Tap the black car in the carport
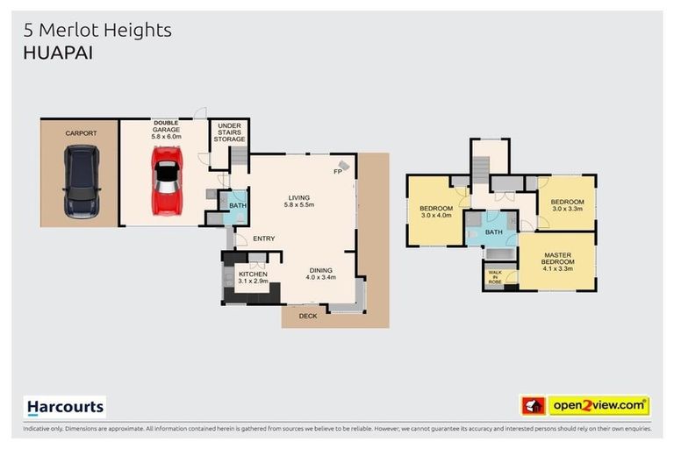(81, 182)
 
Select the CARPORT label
(80, 132)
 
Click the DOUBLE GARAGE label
(166, 132)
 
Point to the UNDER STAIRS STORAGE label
(230, 132)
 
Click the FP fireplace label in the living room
(337, 171)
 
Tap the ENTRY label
(264, 239)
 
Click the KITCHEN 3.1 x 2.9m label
(253, 278)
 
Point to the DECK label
(308, 316)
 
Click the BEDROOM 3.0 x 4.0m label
(435, 211)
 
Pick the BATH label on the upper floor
(494, 232)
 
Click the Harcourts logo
(64, 406)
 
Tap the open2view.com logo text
(599, 405)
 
